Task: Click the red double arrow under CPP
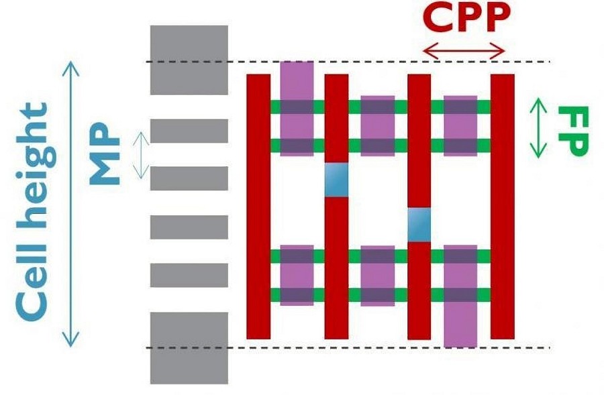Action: [x=464, y=50]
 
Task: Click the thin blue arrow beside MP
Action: [x=141, y=155]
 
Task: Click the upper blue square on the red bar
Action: [x=336, y=180]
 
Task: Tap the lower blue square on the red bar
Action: [x=419, y=225]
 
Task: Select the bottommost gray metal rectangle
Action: [x=189, y=347]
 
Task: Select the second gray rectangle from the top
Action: [x=189, y=131]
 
